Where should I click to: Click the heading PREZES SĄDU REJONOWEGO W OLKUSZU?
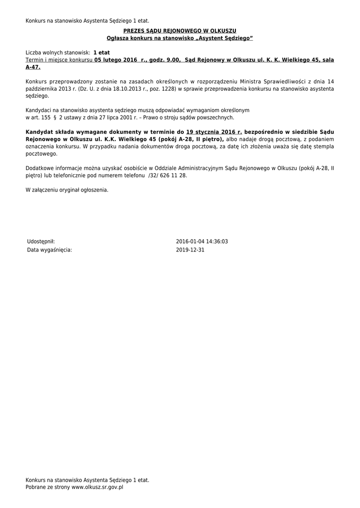(x=180, y=31)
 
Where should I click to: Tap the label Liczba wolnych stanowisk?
(x=57, y=53)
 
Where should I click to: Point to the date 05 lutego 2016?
(x=116, y=60)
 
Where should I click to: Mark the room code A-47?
(x=33, y=67)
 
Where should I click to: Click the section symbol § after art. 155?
(x=54, y=118)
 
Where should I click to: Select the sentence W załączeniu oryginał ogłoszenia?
(x=67, y=190)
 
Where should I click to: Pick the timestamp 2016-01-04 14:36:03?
(x=202, y=242)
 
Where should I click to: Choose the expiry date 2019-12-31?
(x=190, y=250)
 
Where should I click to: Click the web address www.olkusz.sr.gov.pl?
(x=97, y=488)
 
